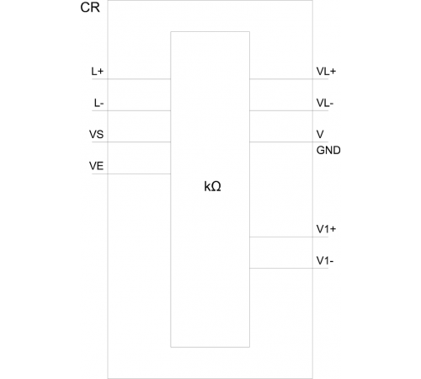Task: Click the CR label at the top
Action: pos(90,8)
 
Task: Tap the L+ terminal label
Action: pos(98,72)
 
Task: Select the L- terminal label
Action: pos(99,104)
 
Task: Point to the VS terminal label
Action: pos(96,135)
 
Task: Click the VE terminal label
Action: pos(96,166)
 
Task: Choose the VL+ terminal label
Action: pos(326,72)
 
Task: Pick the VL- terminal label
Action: pos(325,104)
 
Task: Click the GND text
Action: pos(328,150)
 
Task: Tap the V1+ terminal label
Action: pos(326,229)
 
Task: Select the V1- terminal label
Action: pos(325,261)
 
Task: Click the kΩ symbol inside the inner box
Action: pos(212,186)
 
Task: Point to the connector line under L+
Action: pos(131,79)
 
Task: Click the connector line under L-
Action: pos(131,110)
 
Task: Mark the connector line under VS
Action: pos(131,142)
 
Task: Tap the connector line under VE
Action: pos(131,173)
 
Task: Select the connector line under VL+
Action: pos(289,79)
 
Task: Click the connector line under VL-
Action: pos(289,110)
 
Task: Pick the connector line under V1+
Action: pos(289,237)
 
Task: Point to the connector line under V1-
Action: pos(289,269)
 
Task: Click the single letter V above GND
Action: pos(320,135)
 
